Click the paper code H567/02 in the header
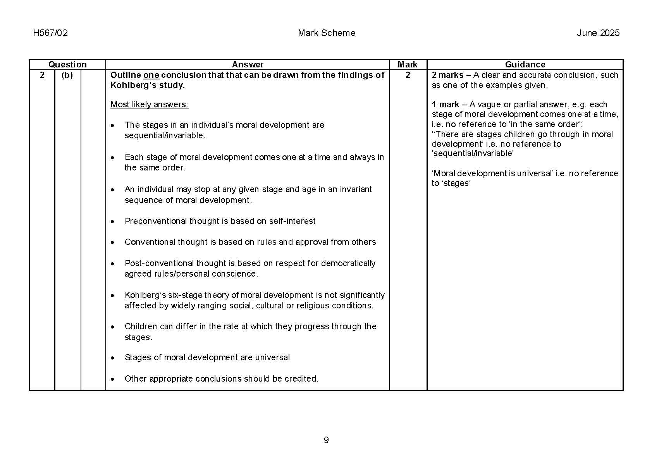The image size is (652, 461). (50, 33)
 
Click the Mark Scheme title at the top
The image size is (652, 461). (326, 33)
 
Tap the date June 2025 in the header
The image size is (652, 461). (598, 33)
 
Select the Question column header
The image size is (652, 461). (67, 65)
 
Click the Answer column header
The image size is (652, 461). (247, 65)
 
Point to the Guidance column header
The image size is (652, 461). (525, 65)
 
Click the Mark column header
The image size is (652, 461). (408, 65)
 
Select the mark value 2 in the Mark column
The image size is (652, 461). (408, 75)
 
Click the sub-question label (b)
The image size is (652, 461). (67, 75)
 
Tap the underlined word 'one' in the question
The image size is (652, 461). (151, 75)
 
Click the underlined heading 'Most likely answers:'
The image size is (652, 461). (150, 105)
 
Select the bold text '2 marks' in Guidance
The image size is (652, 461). (447, 75)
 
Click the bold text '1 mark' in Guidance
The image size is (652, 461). (446, 105)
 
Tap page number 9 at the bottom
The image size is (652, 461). (326, 440)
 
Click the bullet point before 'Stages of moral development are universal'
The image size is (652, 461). (112, 358)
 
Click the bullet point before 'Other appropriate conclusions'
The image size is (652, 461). (112, 379)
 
